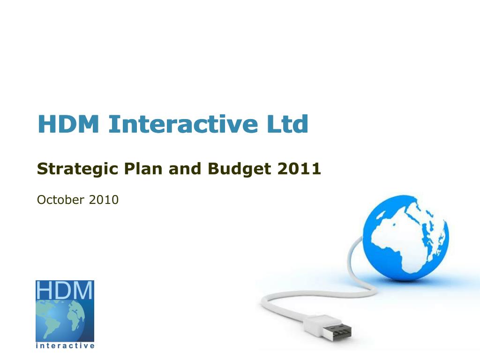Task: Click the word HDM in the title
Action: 68,124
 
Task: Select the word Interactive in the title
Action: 183,124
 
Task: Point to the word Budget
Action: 240,168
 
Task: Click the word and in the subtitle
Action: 184,168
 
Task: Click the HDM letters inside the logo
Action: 65,291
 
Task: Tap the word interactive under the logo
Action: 65,346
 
